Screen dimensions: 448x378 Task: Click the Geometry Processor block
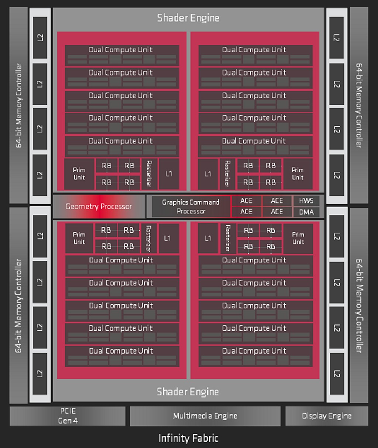point(99,206)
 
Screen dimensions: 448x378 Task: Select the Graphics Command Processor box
point(190,206)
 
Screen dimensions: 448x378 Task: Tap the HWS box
point(306,201)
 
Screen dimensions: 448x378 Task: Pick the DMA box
point(306,212)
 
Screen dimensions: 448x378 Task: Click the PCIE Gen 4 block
point(68,416)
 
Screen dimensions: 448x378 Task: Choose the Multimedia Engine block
point(205,416)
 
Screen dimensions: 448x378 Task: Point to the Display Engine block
point(327,416)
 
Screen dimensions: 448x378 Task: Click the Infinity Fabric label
point(188,438)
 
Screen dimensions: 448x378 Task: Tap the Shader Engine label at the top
point(188,18)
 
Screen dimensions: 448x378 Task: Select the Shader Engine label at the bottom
point(188,392)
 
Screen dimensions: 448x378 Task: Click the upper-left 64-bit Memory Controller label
point(18,105)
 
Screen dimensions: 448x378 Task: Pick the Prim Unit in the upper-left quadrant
point(79,174)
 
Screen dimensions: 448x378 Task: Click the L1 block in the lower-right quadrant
point(208,238)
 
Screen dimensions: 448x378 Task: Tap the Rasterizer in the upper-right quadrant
point(227,174)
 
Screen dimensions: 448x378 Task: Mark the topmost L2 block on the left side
point(40,38)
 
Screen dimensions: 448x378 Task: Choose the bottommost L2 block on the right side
point(337,373)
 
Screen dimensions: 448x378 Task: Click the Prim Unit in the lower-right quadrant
point(298,238)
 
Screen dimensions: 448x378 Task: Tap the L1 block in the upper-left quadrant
point(169,174)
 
